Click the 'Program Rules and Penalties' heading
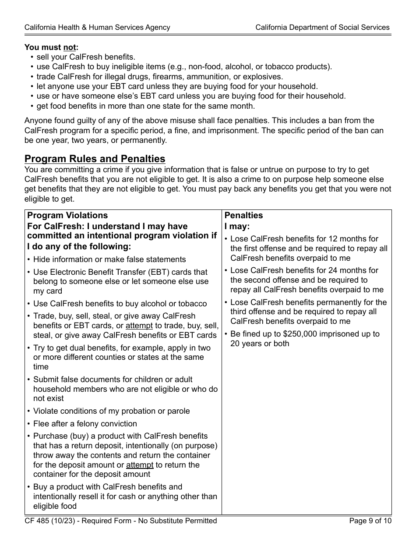95,159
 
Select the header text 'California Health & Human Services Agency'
97,27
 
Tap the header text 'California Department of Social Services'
322,27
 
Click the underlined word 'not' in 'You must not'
70,47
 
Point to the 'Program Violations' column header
67,215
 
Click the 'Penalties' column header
243,215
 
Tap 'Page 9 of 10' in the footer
370,521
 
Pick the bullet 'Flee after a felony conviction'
85,424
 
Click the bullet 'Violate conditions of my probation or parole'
111,411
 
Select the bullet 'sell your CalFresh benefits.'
86,57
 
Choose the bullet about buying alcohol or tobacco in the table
120,304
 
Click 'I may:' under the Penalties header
237,227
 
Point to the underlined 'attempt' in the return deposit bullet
140,465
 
